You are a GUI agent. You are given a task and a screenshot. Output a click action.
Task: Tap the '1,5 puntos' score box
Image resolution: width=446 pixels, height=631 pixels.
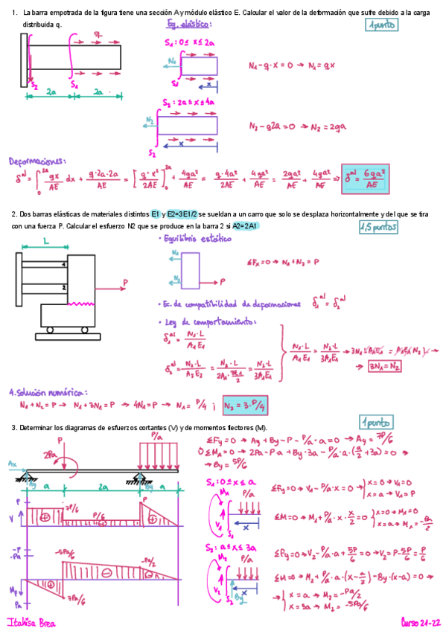(x=379, y=228)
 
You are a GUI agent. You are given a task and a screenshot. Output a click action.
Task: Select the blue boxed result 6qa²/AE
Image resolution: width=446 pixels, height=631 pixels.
(x=365, y=179)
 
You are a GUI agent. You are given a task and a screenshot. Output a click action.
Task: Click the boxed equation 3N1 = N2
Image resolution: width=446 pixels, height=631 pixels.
(x=386, y=366)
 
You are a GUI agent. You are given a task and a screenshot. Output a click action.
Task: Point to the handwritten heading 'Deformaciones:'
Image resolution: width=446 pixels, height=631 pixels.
(x=36, y=160)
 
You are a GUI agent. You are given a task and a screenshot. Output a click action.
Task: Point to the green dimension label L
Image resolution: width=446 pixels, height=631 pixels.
(x=45, y=243)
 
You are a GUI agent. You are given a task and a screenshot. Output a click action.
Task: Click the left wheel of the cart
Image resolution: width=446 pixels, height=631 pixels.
(x=50, y=329)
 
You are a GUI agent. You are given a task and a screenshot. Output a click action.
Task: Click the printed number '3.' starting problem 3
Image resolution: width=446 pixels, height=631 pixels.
(x=13, y=427)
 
